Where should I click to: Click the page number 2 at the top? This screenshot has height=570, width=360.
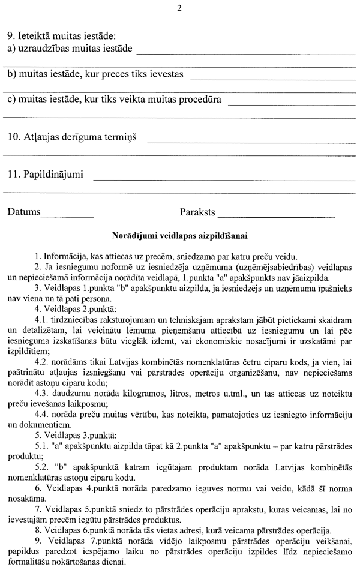179,8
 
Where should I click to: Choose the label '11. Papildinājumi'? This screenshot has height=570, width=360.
46,175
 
